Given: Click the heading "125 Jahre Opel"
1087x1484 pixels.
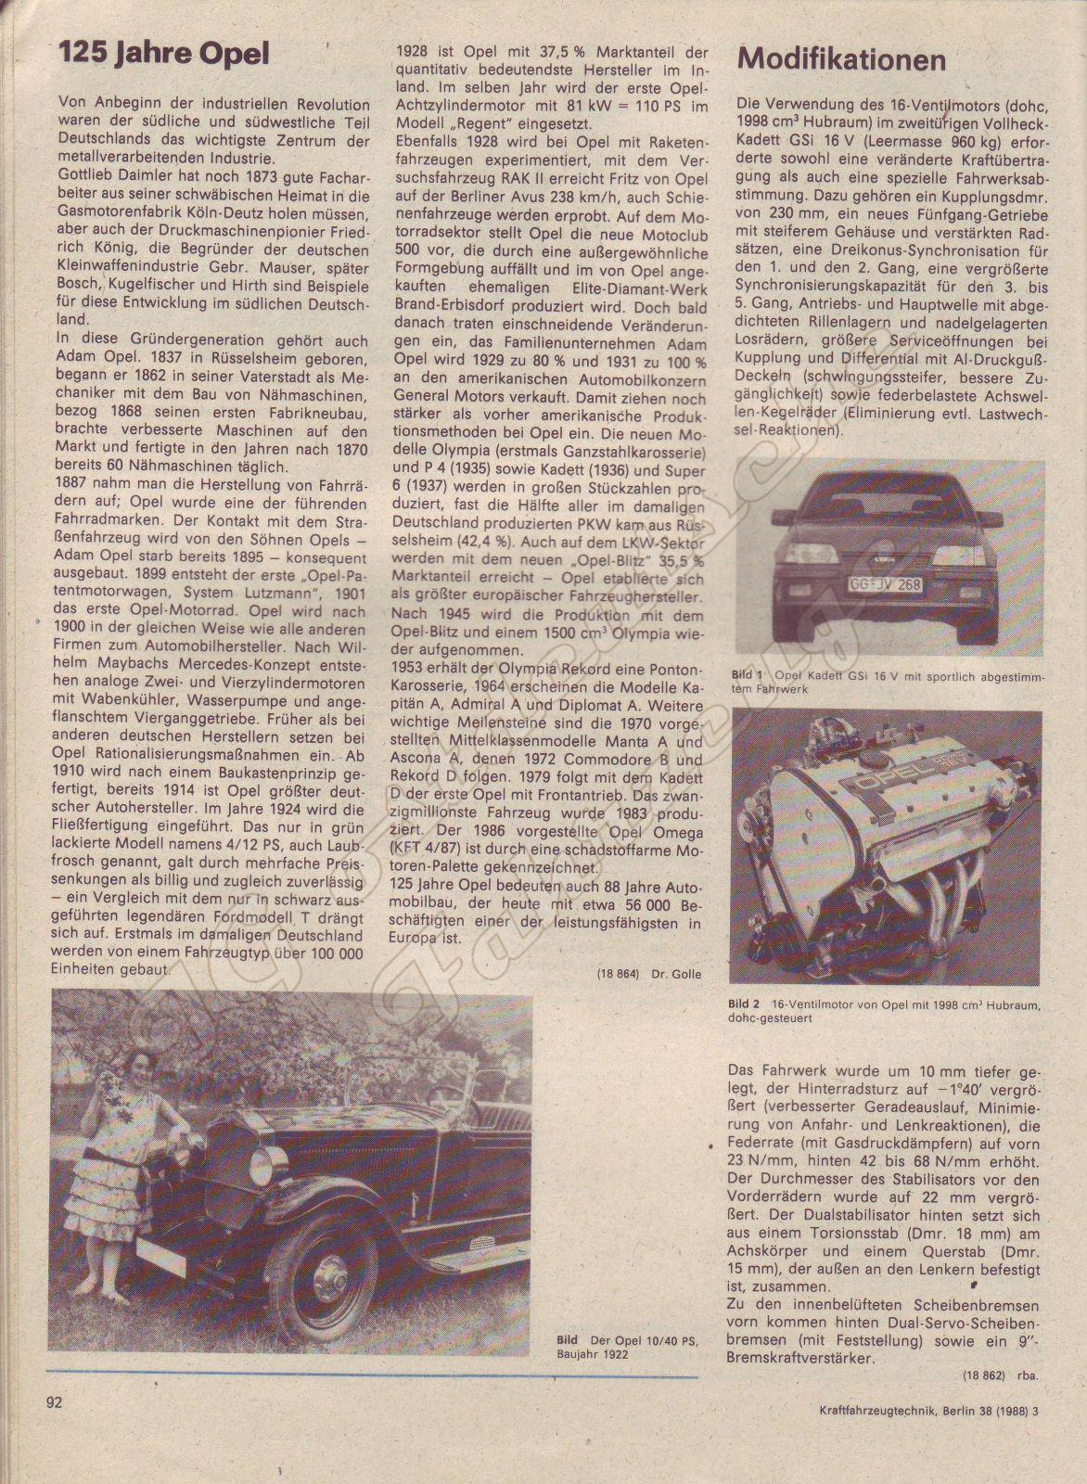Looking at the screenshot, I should (x=164, y=55).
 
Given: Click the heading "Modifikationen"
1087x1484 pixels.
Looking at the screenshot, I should (x=841, y=59).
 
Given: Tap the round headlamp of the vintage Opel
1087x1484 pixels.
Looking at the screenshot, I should (x=270, y=1161).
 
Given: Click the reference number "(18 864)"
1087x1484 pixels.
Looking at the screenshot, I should (x=617, y=974).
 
